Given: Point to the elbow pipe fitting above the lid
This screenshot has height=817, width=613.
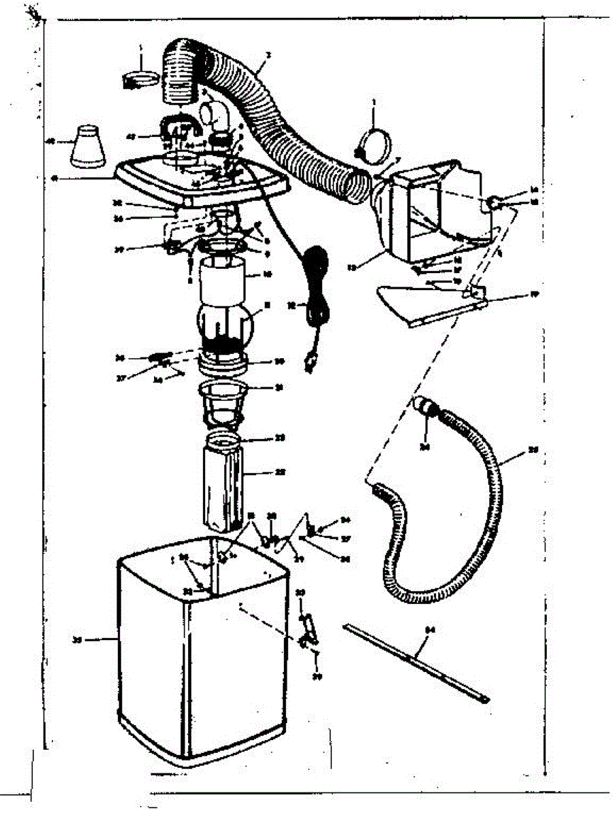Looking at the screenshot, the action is tap(216, 118).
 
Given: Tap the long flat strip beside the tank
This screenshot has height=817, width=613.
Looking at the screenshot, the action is tap(417, 660).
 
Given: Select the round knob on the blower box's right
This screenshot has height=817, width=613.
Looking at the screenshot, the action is tap(495, 202).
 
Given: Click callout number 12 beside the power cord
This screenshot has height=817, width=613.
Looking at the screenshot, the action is tap(291, 307).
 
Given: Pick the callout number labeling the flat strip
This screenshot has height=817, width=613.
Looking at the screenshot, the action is tap(429, 630).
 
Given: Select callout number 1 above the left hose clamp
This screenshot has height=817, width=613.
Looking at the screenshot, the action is tap(141, 48).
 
